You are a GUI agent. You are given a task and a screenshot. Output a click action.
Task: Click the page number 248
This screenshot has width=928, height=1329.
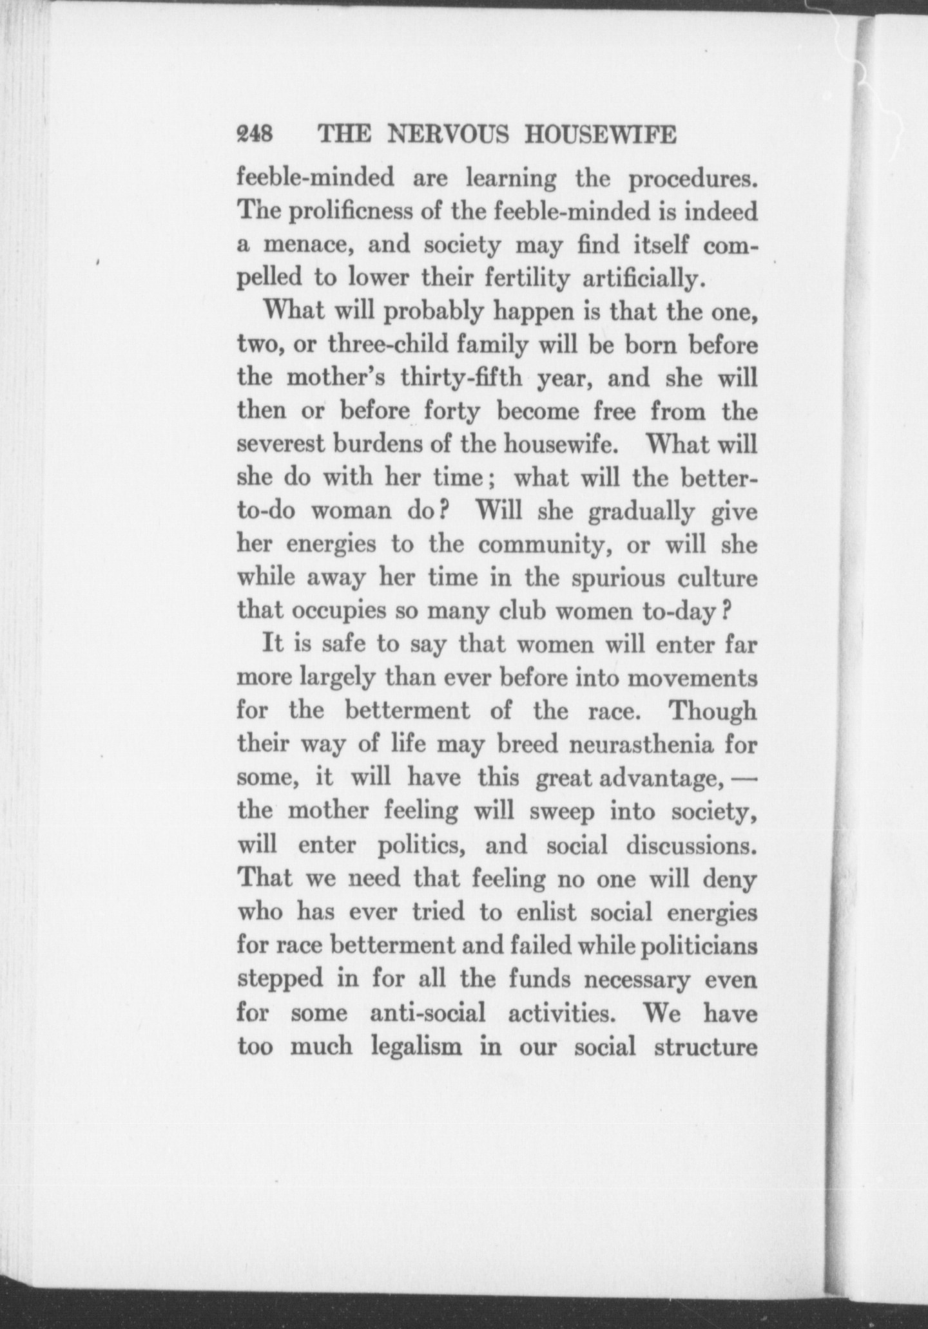(x=256, y=135)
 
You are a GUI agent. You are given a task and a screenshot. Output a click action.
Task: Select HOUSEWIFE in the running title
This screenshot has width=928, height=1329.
(x=601, y=135)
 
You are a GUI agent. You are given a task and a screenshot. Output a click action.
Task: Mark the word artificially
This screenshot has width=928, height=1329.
(x=641, y=279)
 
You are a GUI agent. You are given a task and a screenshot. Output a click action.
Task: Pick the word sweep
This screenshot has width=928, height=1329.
(x=560, y=812)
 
